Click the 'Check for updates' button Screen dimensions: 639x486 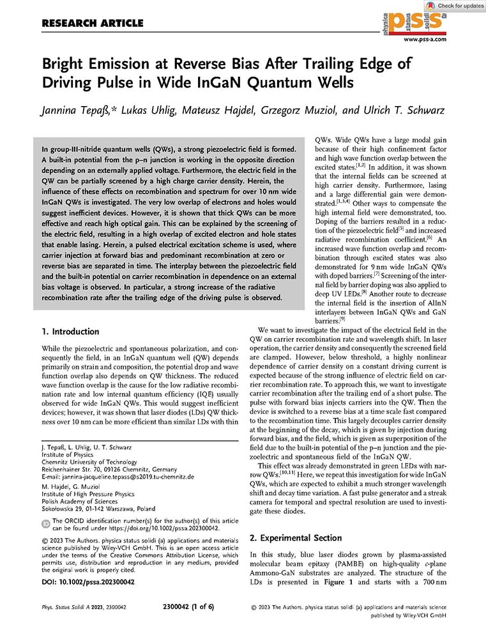(x=456, y=6)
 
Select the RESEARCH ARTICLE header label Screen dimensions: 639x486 (x=92, y=24)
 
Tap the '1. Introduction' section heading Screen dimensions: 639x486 (x=70, y=332)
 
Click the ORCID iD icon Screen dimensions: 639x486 (x=45, y=523)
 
